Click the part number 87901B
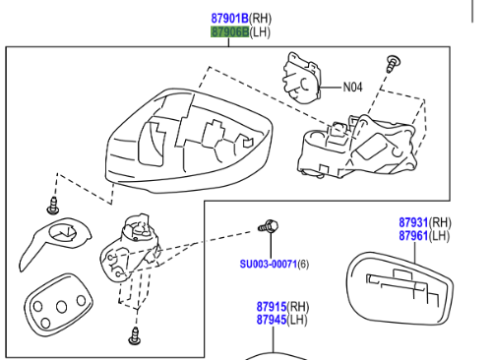[229, 19]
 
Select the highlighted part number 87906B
[229, 32]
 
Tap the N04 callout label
[352, 88]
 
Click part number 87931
[413, 222]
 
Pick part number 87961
[413, 236]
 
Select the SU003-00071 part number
[269, 264]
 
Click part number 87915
[272, 307]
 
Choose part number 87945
[272, 320]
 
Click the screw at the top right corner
[394, 64]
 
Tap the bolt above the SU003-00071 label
[269, 226]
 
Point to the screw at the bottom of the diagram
[135, 336]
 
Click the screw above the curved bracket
[53, 206]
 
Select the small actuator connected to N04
[302, 79]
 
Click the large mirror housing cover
[189, 141]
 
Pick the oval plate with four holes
[58, 306]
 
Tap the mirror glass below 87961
[401, 288]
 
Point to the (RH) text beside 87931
[440, 222]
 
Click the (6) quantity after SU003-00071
[303, 264]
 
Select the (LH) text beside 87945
[297, 320]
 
